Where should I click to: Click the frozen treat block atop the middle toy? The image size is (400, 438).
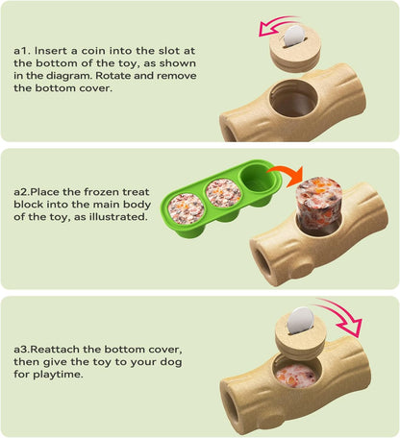pyautogui.click(x=312, y=201)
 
